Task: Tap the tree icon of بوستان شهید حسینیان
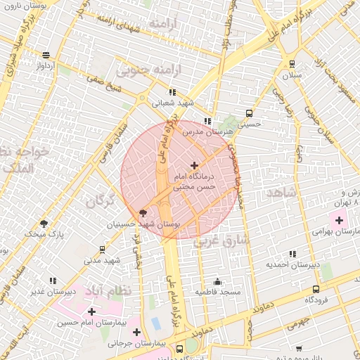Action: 143,212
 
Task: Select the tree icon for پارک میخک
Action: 44,224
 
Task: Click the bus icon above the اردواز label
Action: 46,55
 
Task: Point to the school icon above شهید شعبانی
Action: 172,91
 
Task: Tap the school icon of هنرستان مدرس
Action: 207,121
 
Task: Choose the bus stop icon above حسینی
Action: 249,113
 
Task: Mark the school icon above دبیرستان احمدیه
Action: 292,254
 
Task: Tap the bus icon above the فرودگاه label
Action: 316,288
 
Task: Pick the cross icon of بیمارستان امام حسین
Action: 91,311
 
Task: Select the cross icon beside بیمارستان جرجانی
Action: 136,332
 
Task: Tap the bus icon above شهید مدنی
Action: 103,249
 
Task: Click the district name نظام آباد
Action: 108,289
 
